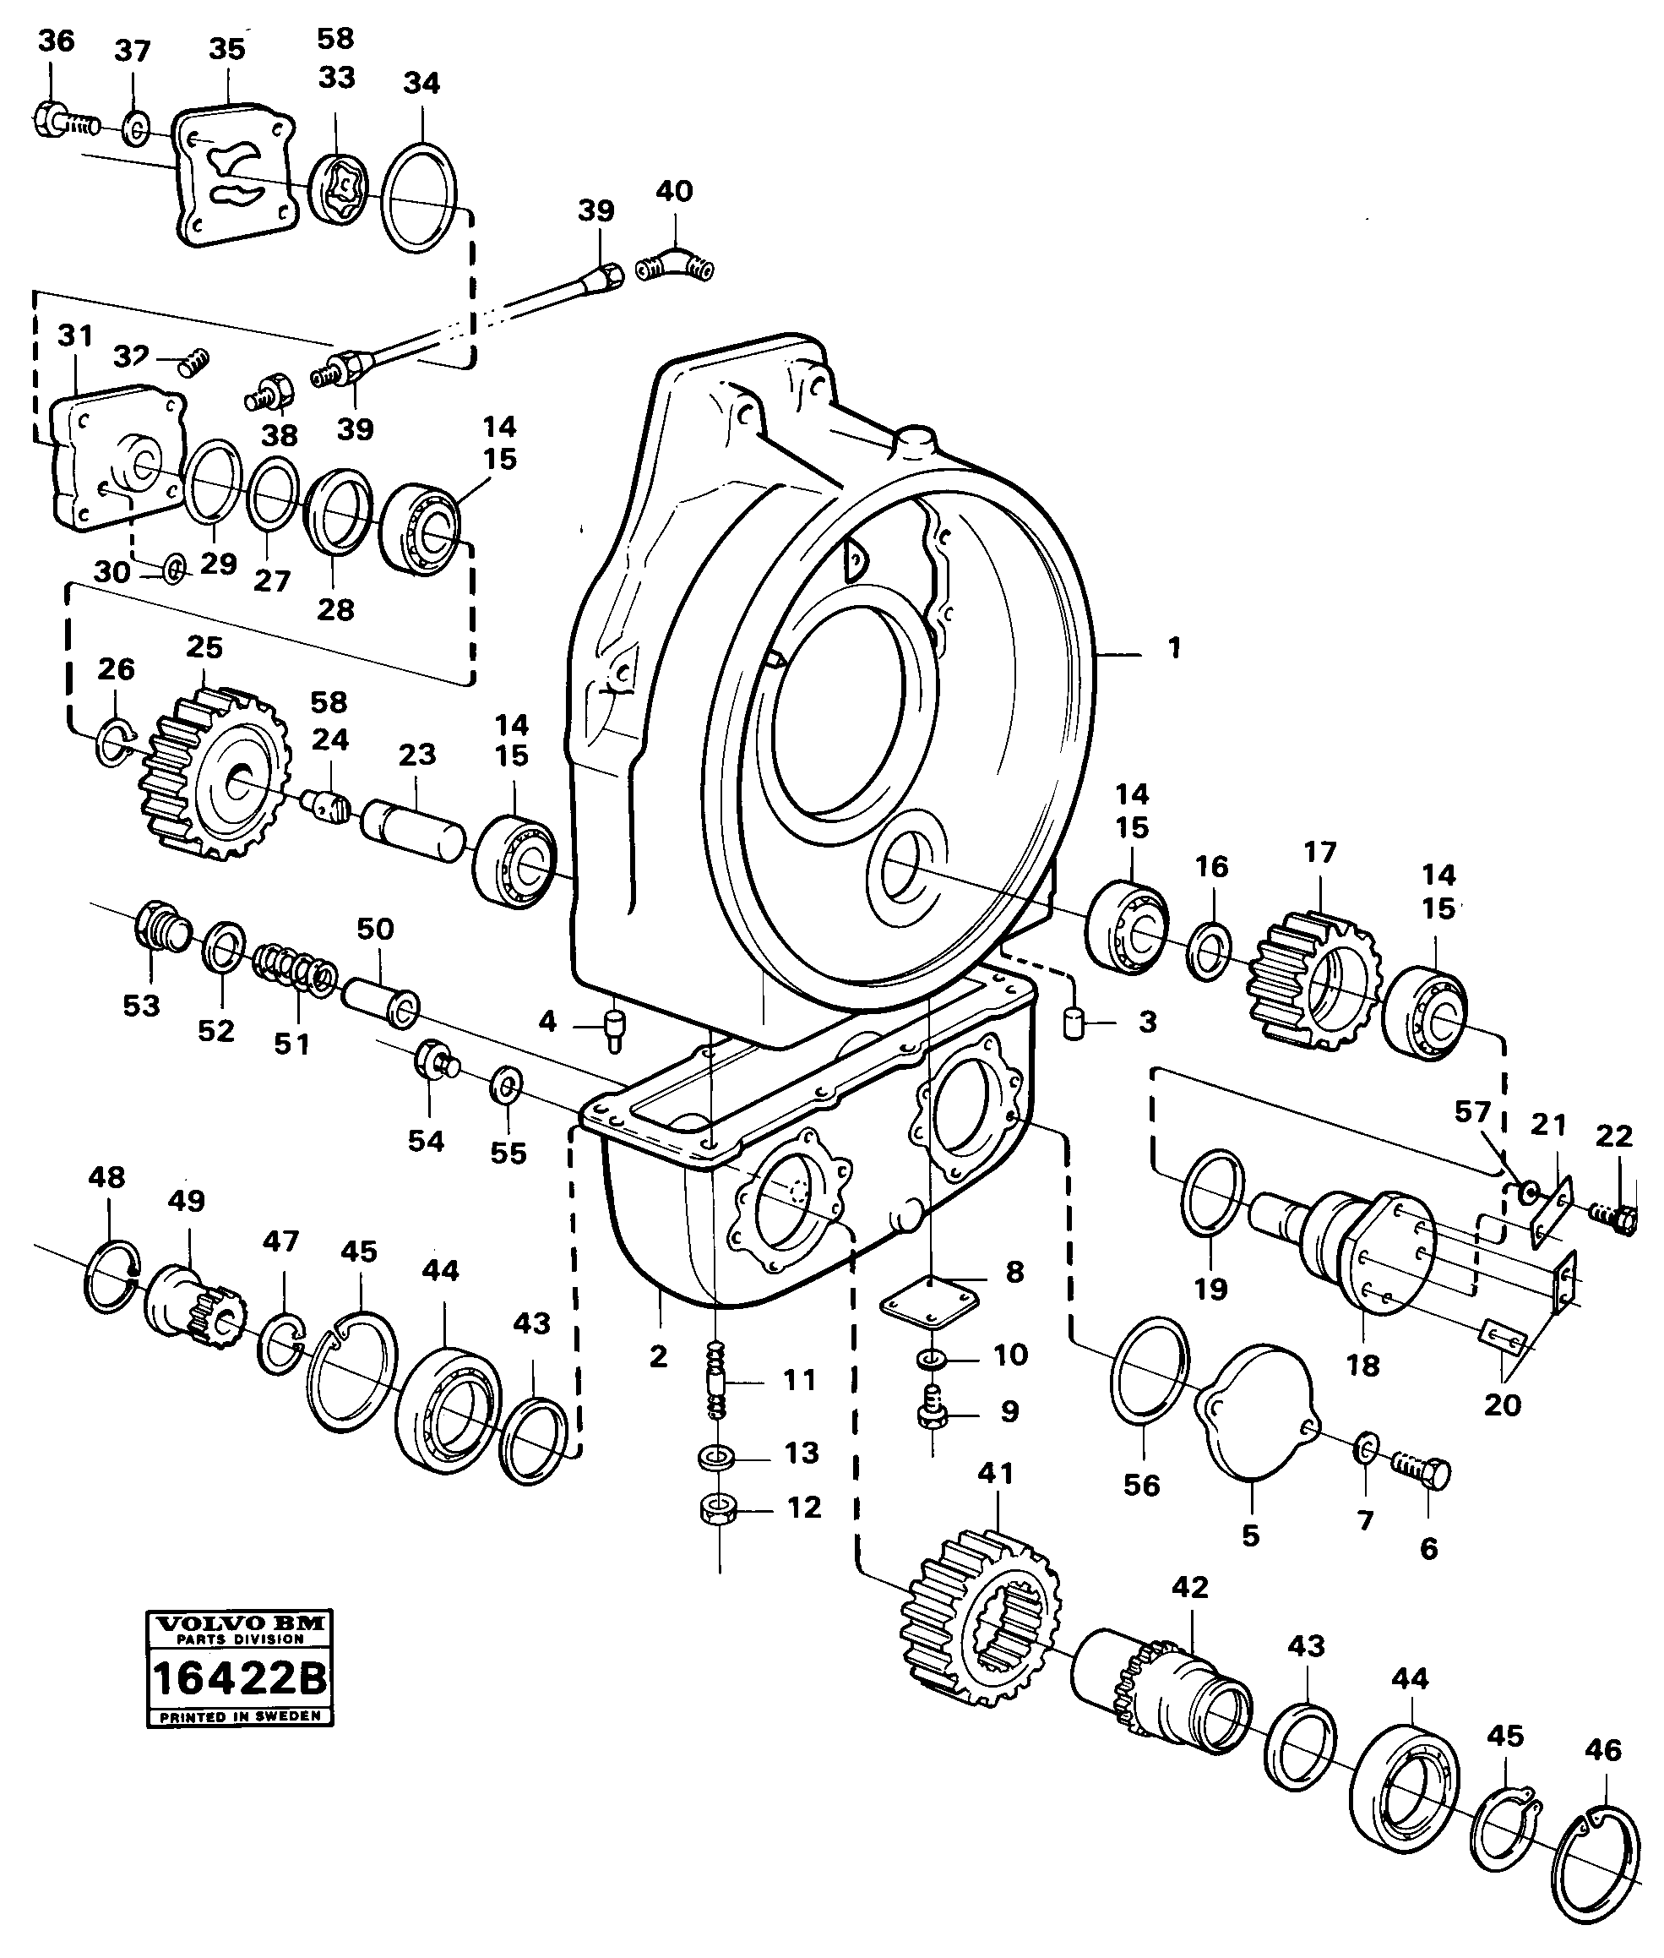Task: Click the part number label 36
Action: coord(56,41)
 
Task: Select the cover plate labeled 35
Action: coord(235,176)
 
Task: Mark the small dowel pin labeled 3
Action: coord(1074,1023)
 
